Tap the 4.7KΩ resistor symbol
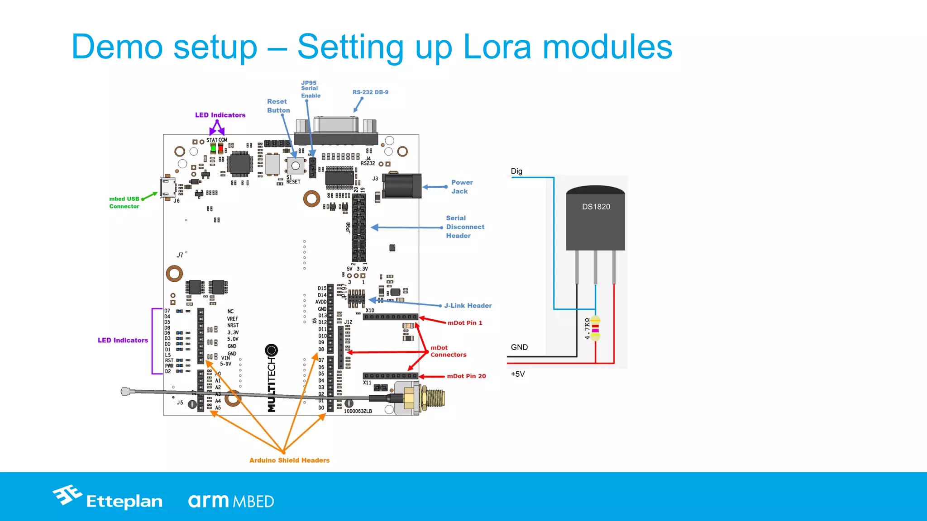click(595, 328)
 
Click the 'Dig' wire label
click(516, 171)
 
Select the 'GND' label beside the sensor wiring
click(519, 347)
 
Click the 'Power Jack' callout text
click(462, 187)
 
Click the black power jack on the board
click(401, 186)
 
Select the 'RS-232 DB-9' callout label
click(370, 92)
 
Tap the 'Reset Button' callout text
click(278, 106)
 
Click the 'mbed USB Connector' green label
click(124, 203)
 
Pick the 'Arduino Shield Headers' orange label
click(289, 460)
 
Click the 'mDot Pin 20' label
click(466, 376)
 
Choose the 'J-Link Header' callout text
click(468, 306)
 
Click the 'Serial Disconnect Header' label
click(465, 227)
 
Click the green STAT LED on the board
click(213, 148)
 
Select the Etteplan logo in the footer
click(108, 498)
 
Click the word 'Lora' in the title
click(497, 47)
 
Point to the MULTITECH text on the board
click(272, 384)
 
